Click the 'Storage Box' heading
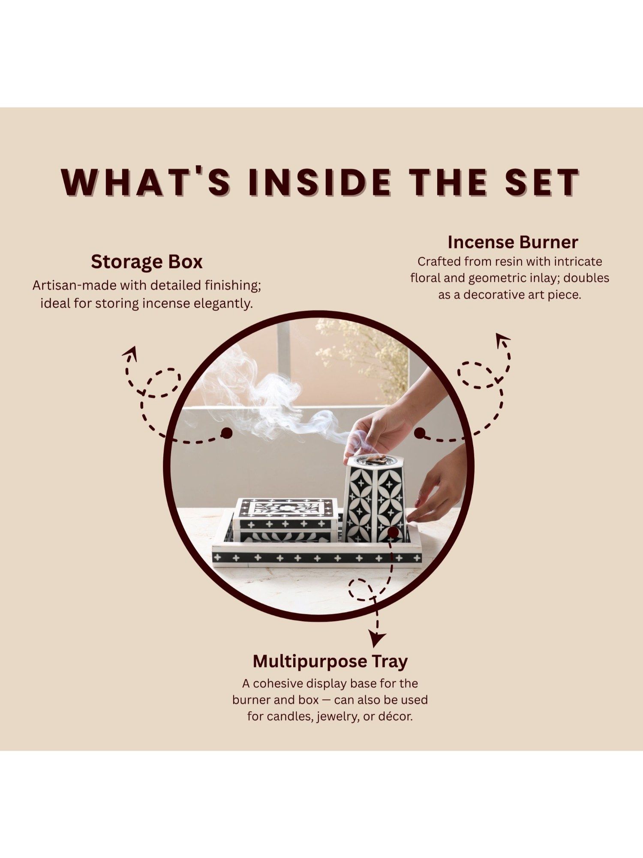coord(147,262)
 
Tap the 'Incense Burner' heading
coord(513,242)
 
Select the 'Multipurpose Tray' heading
coord(330,661)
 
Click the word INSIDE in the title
coord(319,182)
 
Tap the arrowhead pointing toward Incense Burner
coord(503,341)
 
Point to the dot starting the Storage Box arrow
coord(227,433)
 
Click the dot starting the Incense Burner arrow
coord(420,433)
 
